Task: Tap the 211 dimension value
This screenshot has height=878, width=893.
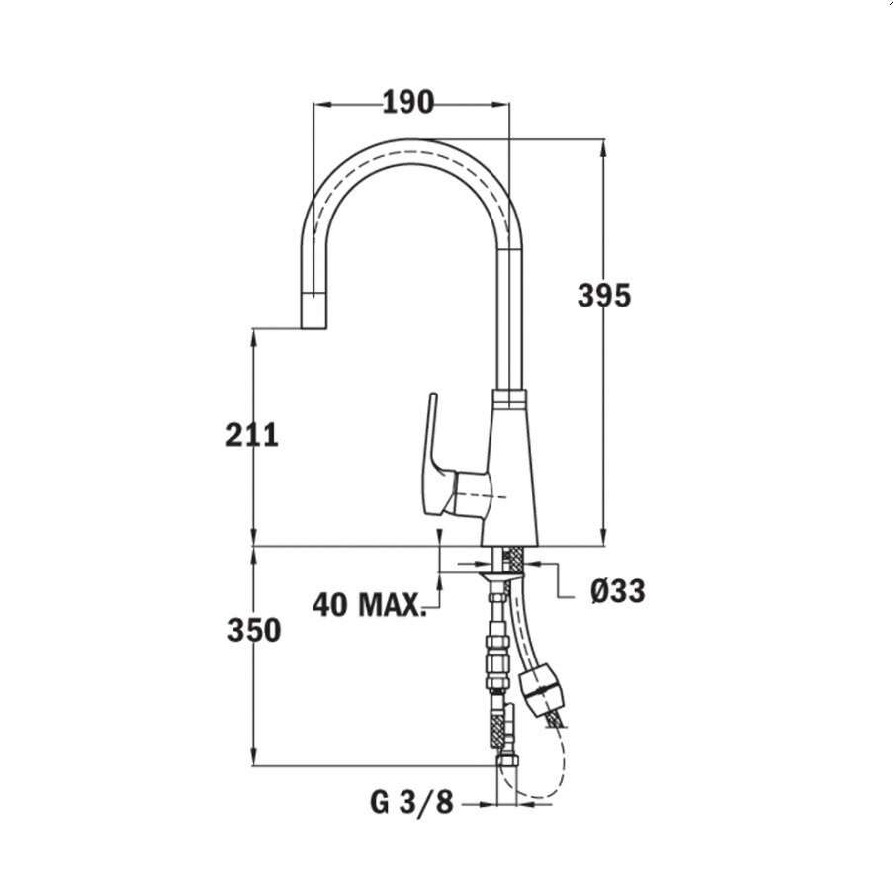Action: pyautogui.click(x=252, y=434)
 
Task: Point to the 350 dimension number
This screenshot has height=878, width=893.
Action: pyautogui.click(x=253, y=630)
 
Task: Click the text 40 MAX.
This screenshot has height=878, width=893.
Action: pyautogui.click(x=370, y=603)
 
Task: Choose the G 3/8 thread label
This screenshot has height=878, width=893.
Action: pyautogui.click(x=412, y=802)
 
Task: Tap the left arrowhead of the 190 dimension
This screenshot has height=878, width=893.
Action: pyautogui.click(x=319, y=102)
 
